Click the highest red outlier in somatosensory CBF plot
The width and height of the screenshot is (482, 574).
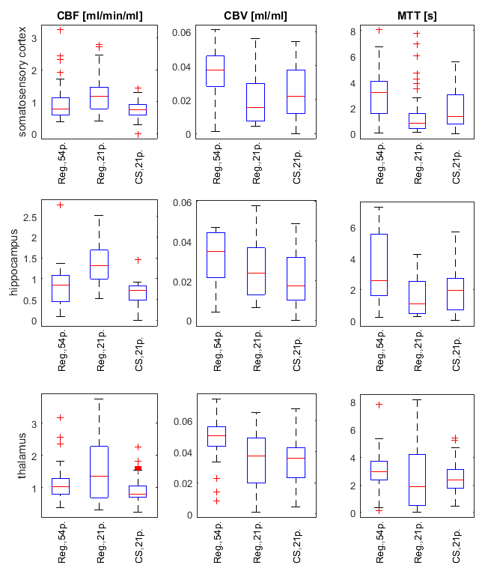[61, 31]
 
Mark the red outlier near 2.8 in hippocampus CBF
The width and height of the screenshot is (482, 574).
[61, 205]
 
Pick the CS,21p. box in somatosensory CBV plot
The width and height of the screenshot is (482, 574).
[296, 92]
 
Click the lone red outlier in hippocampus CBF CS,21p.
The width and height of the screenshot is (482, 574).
[138, 260]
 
